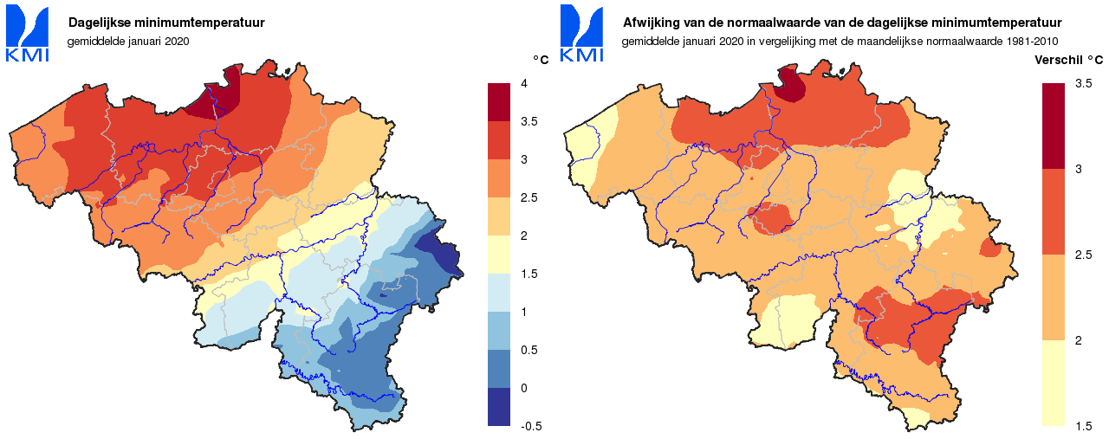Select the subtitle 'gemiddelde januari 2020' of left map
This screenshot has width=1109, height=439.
pos(127,41)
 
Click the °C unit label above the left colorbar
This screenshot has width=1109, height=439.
pos(540,60)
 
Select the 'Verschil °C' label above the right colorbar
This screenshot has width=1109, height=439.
pos(1069,60)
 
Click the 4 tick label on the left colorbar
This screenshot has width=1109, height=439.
pos(523,83)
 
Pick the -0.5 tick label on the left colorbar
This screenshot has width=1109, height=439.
pos(529,426)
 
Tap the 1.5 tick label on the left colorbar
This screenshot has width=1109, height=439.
pos(528,274)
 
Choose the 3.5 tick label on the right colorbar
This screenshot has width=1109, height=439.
pos(1082,83)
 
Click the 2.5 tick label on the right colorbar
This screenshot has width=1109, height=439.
pos(1082,255)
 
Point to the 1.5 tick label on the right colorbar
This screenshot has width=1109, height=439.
pos(1082,426)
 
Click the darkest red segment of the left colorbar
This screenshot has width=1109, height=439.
pos(499,102)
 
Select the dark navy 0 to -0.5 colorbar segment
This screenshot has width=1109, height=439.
pos(499,407)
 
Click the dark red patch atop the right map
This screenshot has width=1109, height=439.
pos(789,85)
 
